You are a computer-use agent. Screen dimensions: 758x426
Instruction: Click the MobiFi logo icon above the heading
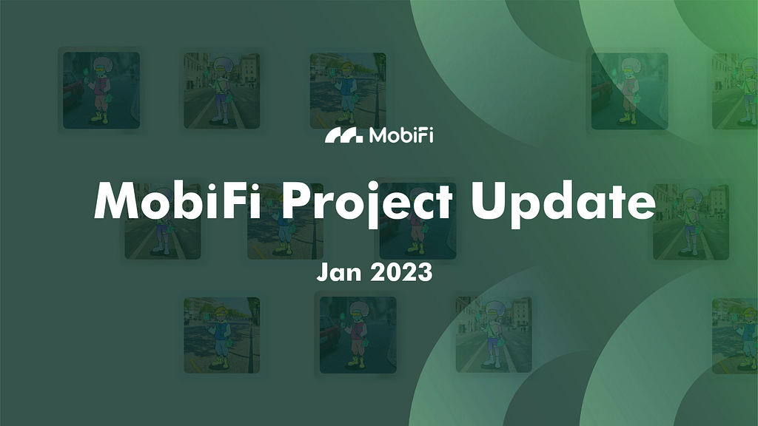click(343, 136)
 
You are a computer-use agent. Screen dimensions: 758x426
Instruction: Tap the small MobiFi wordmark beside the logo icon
click(401, 135)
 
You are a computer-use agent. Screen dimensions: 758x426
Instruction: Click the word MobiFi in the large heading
click(178, 201)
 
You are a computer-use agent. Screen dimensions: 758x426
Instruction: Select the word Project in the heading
click(367, 203)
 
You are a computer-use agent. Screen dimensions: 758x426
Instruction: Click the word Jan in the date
click(339, 272)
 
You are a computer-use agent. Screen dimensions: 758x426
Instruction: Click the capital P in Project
click(296, 201)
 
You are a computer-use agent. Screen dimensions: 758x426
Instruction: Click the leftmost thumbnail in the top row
click(101, 90)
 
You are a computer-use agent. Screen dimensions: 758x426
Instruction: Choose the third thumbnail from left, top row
click(348, 90)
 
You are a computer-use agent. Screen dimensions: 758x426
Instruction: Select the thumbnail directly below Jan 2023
click(358, 335)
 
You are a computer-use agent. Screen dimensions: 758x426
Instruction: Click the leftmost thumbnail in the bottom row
click(222, 335)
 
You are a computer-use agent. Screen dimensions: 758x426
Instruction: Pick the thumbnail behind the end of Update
click(691, 222)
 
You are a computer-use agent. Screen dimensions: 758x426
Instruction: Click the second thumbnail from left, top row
click(222, 90)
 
